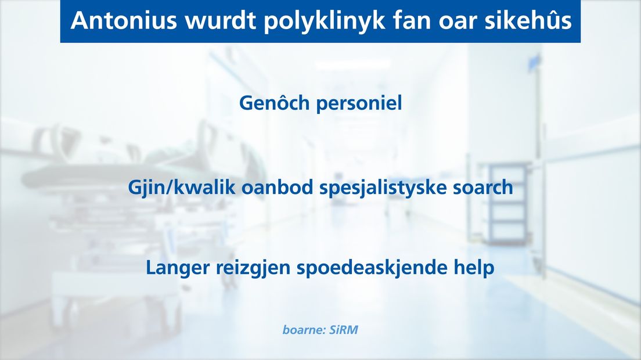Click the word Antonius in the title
click(x=124, y=20)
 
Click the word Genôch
click(x=274, y=102)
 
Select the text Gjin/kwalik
click(x=182, y=188)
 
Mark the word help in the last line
click(x=474, y=268)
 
